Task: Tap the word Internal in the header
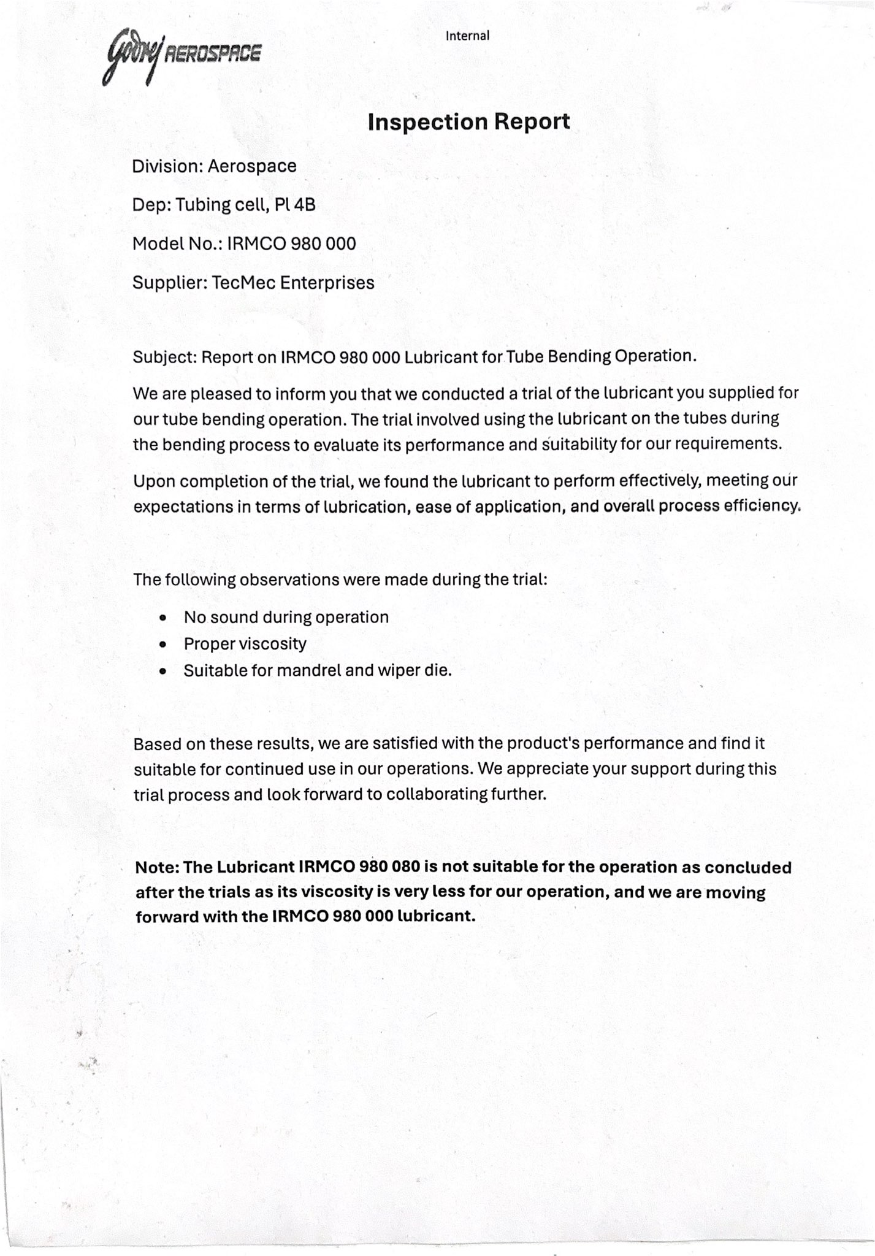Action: click(x=467, y=36)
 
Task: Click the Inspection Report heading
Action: click(x=468, y=121)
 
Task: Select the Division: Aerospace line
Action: click(x=214, y=166)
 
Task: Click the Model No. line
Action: click(x=243, y=243)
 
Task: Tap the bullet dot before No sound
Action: click(x=162, y=618)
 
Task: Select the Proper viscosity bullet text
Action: click(x=245, y=644)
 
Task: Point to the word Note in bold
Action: click(x=156, y=867)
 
